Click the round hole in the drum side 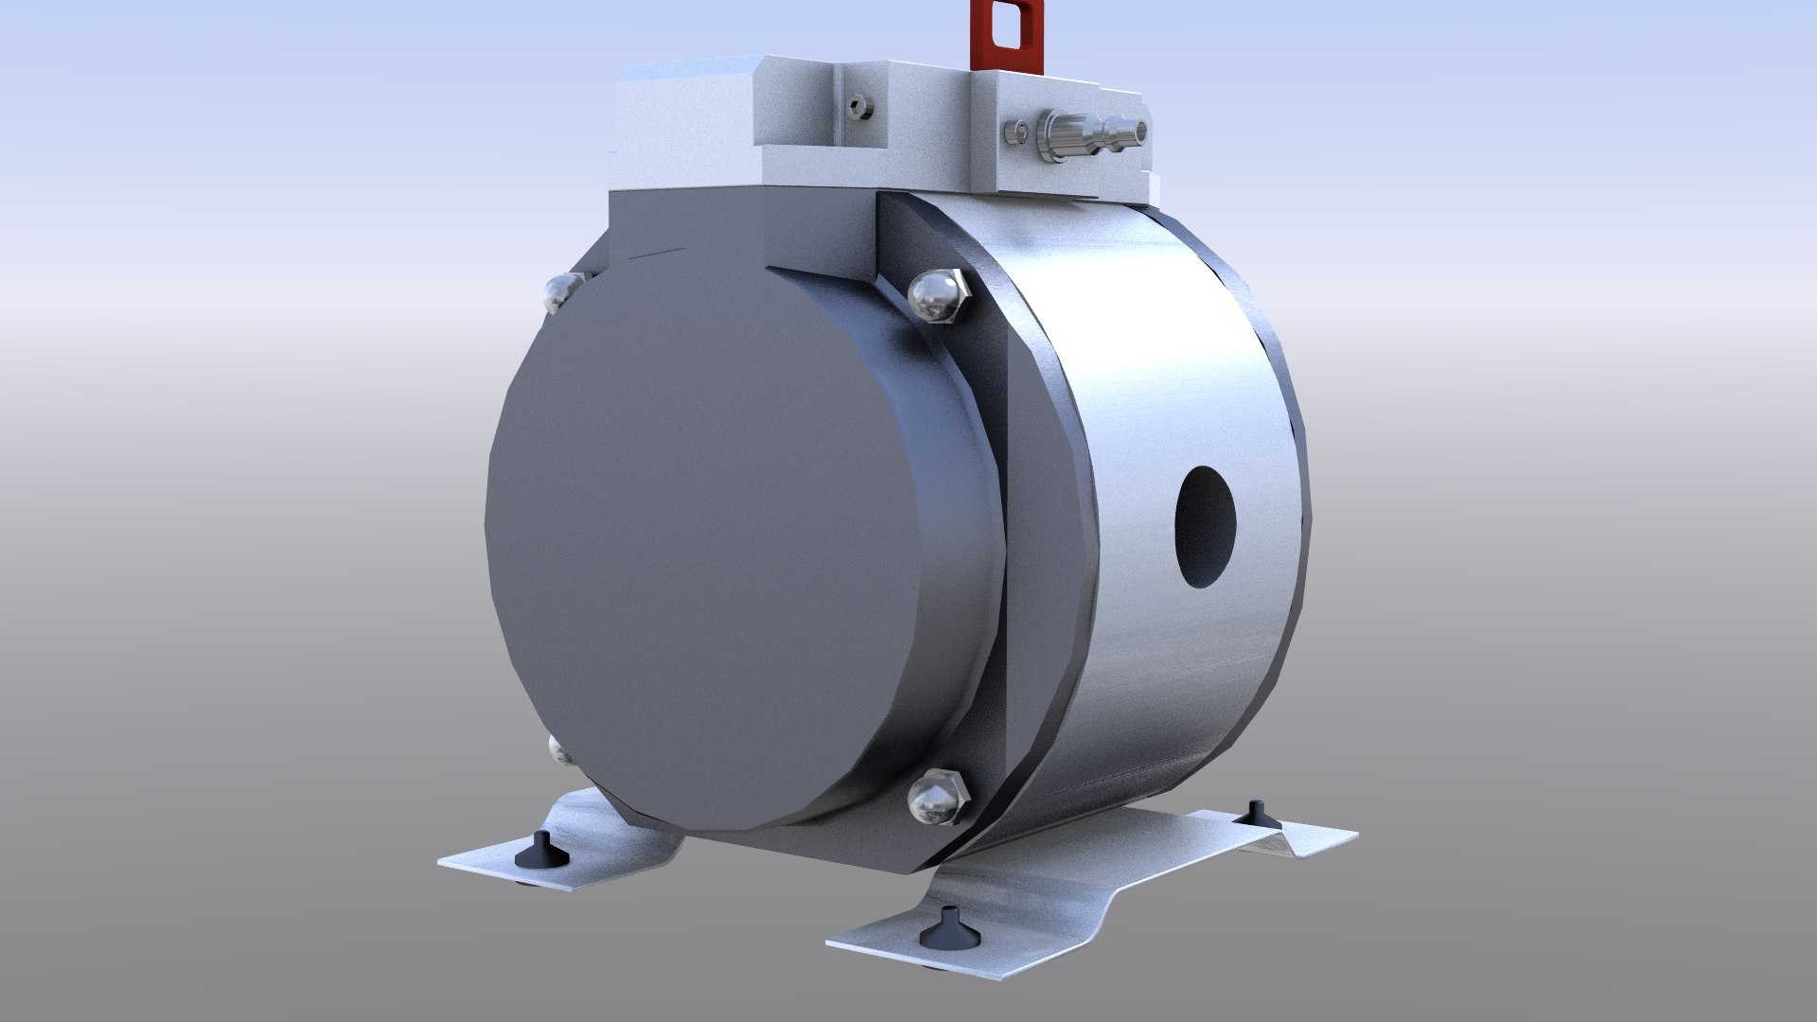(1206, 527)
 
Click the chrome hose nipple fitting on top (1088, 136)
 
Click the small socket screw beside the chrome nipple (1016, 132)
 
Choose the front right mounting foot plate (1041, 908)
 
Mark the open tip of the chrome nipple (1141, 132)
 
